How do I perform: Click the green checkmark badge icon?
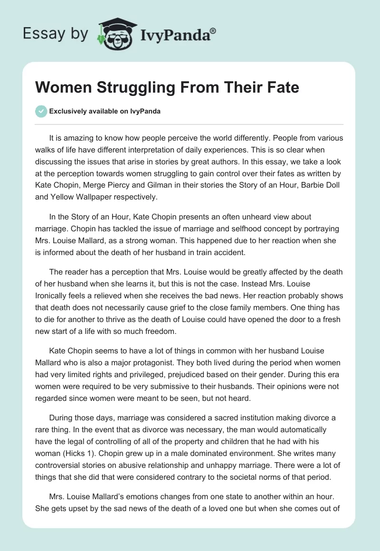tap(41, 111)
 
